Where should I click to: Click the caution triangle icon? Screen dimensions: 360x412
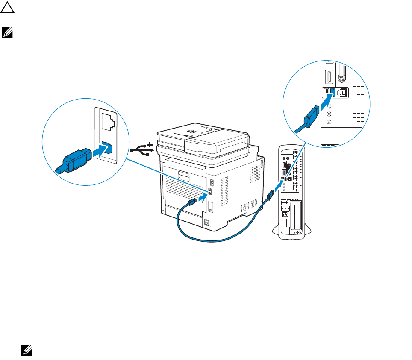click(x=8, y=9)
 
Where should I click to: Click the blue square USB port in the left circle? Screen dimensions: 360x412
click(x=108, y=148)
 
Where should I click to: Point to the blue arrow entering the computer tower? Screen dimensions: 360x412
click(x=278, y=186)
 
